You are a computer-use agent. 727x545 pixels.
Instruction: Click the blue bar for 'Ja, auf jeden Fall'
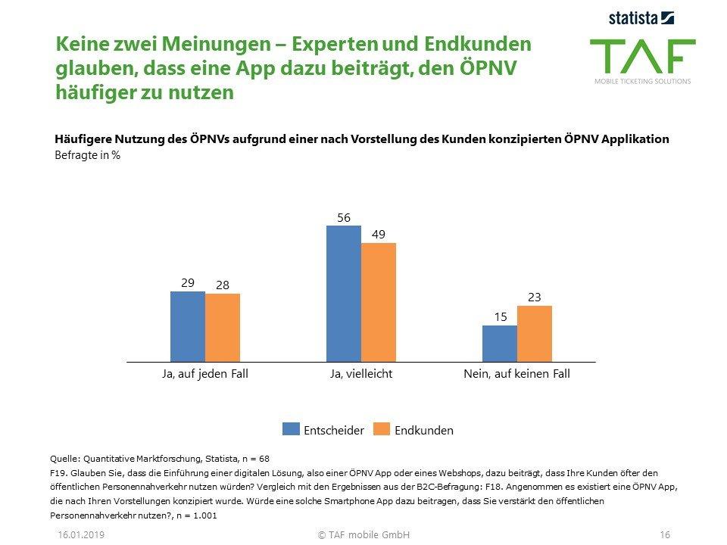(188, 326)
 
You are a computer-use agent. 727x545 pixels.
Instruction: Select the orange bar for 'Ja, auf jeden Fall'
(223, 328)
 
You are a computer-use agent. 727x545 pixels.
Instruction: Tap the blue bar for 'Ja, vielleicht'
(344, 294)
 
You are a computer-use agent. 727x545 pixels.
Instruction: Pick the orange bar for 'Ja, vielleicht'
(379, 302)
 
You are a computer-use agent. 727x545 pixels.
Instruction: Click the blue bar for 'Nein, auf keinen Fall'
(500, 344)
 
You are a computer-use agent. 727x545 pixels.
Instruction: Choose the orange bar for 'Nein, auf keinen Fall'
(535, 334)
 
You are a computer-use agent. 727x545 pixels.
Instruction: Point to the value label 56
(343, 217)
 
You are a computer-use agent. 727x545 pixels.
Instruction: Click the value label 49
(378, 234)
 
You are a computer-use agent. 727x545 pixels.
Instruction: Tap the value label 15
(500, 317)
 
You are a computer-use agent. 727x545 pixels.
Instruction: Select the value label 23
(535, 297)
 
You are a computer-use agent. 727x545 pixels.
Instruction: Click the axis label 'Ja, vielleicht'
(360, 374)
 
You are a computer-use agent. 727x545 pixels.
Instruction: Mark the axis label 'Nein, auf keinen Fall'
(516, 374)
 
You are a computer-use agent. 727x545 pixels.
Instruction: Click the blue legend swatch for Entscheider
(291, 429)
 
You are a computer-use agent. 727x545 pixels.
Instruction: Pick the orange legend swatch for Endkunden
(382, 429)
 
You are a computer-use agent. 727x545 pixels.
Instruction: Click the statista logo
(641, 17)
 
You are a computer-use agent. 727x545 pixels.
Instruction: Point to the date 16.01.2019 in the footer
(81, 534)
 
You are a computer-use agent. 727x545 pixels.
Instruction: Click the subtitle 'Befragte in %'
(88, 155)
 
